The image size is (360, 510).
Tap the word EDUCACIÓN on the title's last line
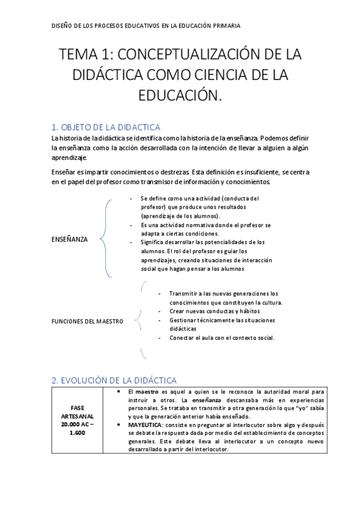coord(180,96)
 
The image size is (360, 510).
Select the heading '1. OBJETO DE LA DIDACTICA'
coord(106,127)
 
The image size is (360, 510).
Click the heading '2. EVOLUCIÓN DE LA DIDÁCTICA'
coord(114,380)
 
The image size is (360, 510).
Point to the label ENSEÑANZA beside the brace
coord(70,239)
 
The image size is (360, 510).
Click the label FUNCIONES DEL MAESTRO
coord(88,321)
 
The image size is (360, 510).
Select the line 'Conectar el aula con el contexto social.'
coord(222,337)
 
